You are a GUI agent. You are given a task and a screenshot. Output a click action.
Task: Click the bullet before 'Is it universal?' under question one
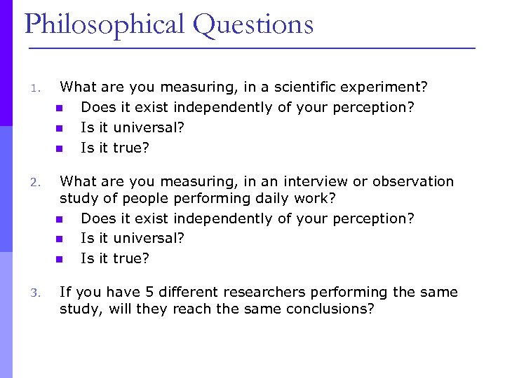point(58,128)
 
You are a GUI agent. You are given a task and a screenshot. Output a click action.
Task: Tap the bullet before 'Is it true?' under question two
point(58,259)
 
